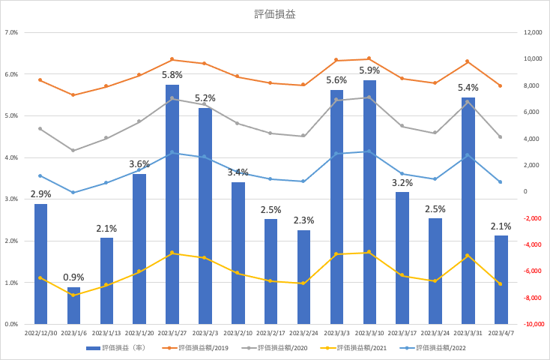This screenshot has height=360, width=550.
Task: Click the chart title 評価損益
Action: coord(275,14)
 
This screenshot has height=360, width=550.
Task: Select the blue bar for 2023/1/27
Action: coord(172,204)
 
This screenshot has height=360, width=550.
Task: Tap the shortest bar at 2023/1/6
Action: coord(73,305)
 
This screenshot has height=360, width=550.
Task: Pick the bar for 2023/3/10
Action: coord(369,202)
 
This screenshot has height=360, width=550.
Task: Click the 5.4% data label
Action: coord(468,88)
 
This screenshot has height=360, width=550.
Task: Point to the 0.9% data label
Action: coord(73,277)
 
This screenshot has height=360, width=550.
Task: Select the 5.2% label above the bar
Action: coord(205,98)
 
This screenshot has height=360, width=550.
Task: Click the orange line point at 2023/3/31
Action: coord(468,61)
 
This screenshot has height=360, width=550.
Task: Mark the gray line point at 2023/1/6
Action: coord(73,150)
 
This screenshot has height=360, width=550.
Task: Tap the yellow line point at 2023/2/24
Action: coord(303,283)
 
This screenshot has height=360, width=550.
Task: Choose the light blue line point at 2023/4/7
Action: coord(501,182)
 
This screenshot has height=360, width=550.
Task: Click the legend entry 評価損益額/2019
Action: coord(195,348)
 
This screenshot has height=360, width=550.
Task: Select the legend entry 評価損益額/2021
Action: coord(354,348)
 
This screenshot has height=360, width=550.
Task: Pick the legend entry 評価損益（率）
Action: coord(115,348)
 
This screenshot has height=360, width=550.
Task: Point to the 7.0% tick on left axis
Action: coord(11,33)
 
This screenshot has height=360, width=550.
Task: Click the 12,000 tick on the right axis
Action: coord(533,32)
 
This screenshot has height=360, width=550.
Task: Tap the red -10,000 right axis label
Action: coord(534,324)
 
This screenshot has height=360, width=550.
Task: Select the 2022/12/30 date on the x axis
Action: coord(40,333)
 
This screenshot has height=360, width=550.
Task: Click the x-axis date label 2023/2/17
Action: coord(271,333)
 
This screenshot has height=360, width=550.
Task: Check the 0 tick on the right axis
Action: coord(525,191)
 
